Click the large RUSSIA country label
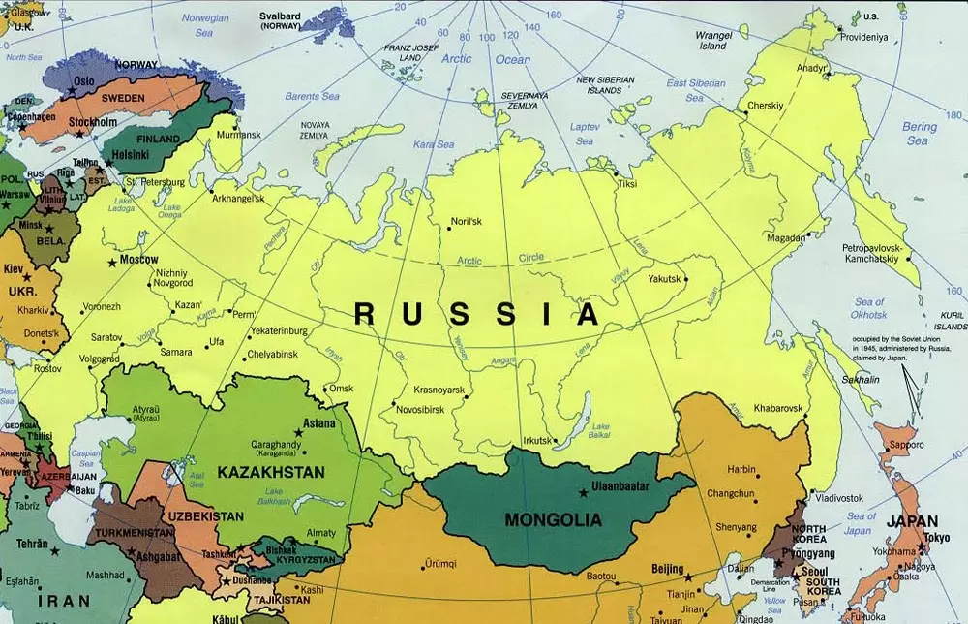point(476,314)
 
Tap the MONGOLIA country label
point(553,520)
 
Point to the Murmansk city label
point(238,135)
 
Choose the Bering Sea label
point(919,134)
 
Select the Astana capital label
point(318,423)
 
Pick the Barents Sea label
point(312,96)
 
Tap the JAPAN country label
point(913,520)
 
